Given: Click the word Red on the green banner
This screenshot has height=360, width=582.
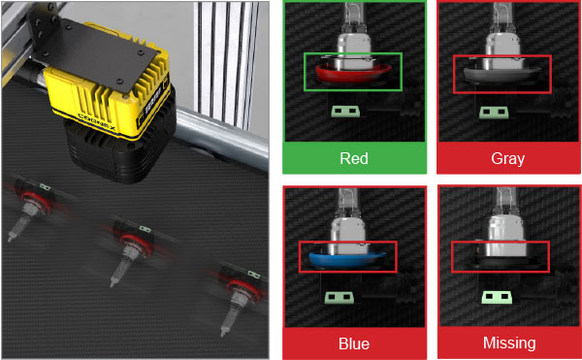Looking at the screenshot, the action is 354,158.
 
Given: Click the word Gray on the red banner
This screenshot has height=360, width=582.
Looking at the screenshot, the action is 507,158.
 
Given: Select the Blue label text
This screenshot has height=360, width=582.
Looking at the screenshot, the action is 354,344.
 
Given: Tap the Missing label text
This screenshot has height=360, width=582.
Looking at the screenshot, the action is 509,343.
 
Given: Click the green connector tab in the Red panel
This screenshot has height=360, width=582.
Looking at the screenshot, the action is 345,112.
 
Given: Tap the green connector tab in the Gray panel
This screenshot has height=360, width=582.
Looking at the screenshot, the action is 494,113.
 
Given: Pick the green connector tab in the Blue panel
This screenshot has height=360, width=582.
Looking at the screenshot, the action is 339,298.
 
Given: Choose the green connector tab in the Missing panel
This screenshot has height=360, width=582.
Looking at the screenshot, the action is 498,297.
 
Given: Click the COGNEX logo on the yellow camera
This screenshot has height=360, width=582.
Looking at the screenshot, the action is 97,121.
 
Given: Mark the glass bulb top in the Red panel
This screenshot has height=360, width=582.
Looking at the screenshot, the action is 351,18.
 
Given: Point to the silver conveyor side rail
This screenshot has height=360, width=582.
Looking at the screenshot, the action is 222,139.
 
